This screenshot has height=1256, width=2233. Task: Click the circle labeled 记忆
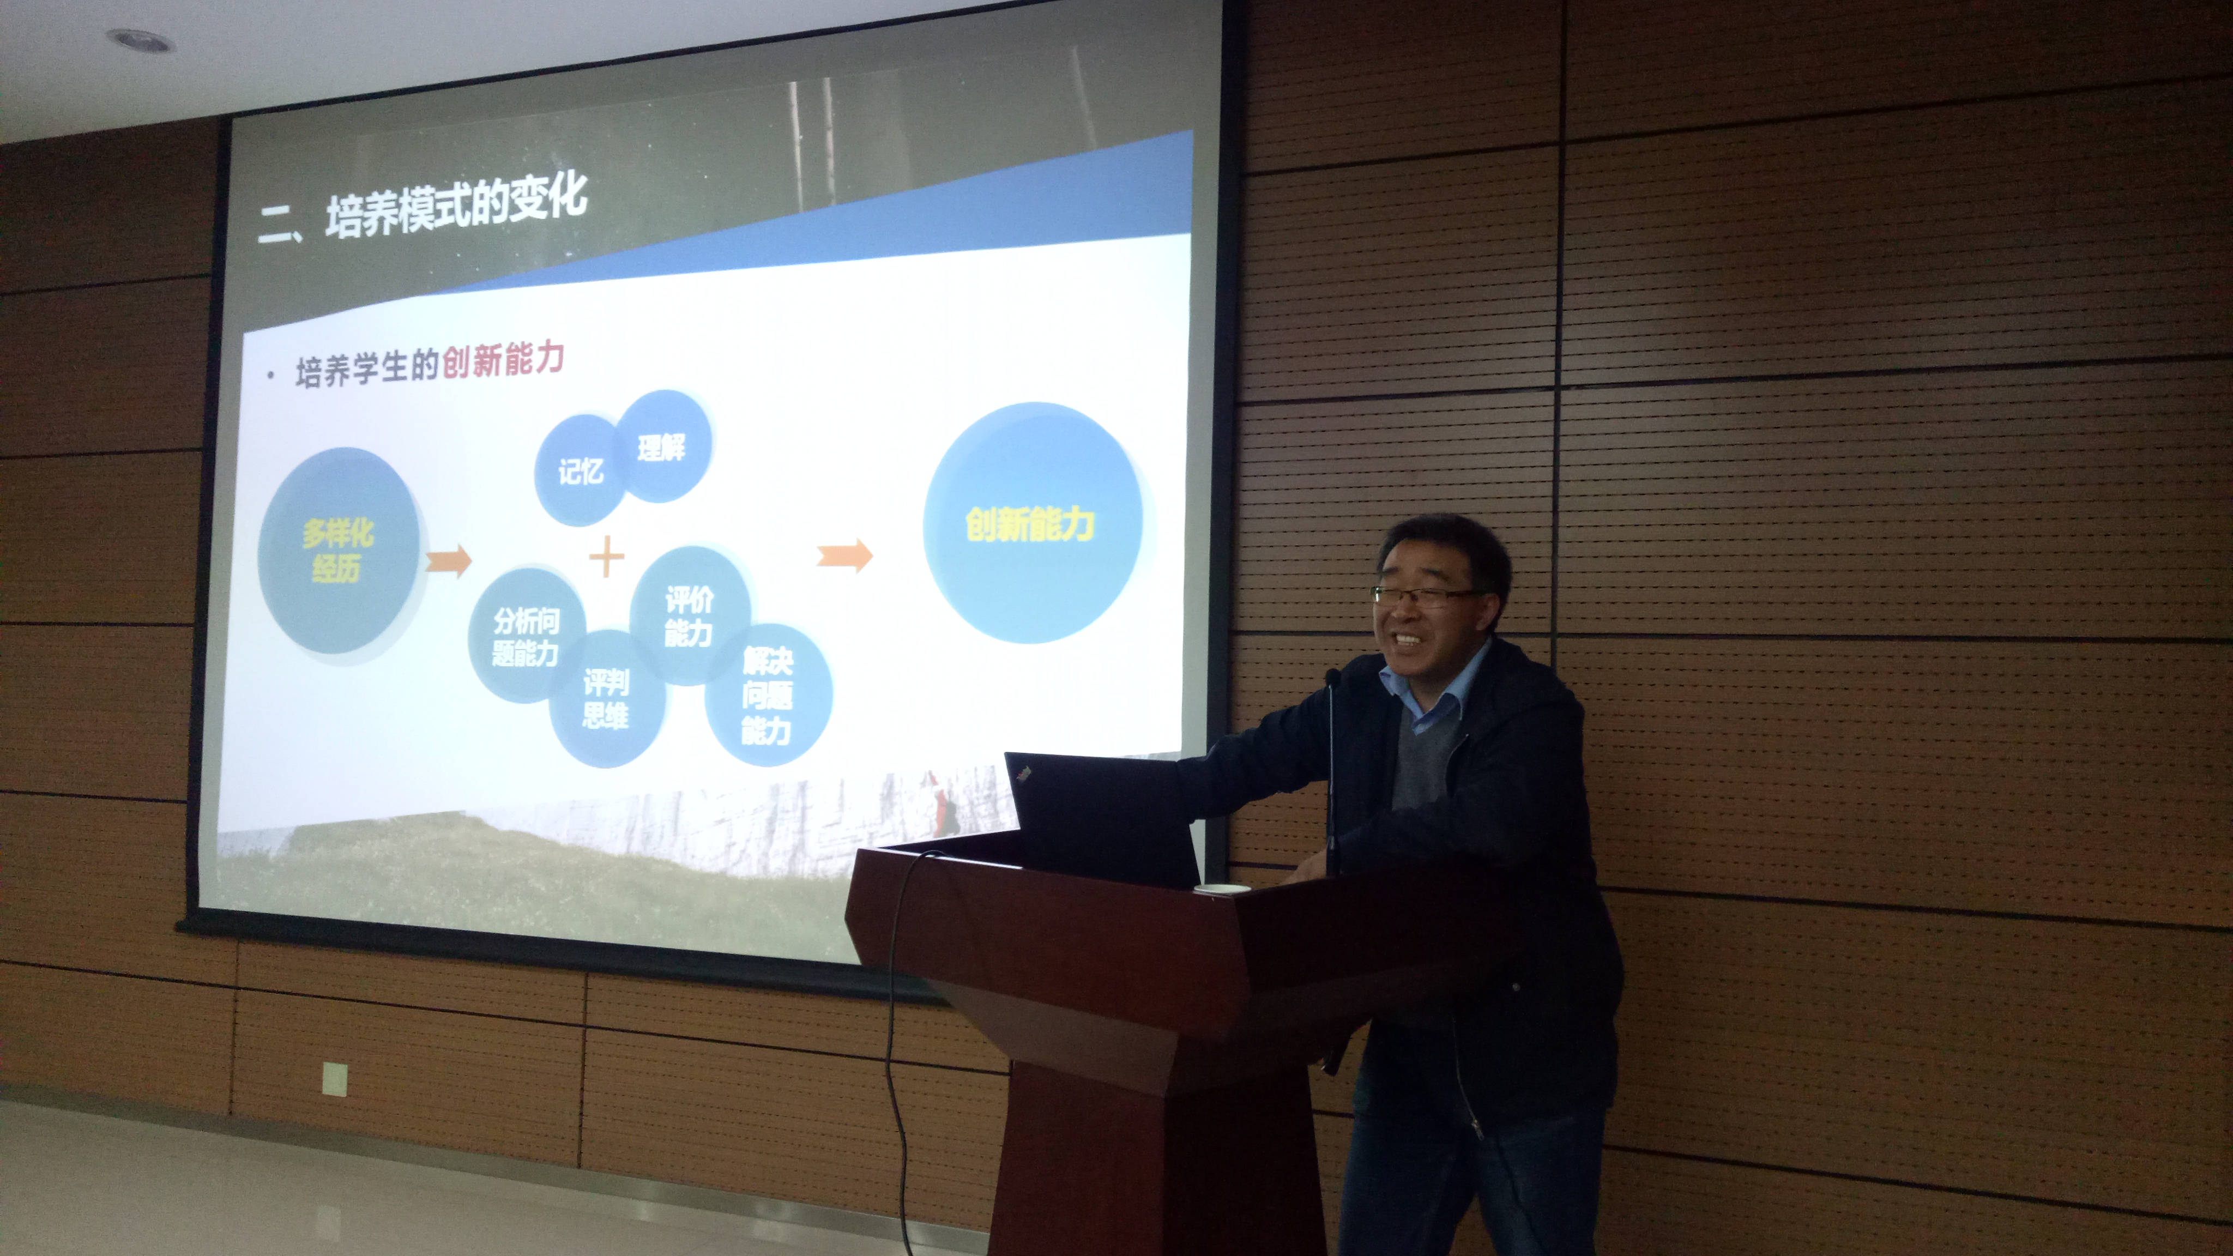point(579,470)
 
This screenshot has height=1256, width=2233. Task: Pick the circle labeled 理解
point(663,445)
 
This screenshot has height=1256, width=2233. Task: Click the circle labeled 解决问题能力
point(768,695)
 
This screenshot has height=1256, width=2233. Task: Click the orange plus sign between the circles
point(607,555)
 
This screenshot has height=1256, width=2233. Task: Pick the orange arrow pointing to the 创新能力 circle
point(845,555)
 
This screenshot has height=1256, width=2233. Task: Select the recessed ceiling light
point(141,40)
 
